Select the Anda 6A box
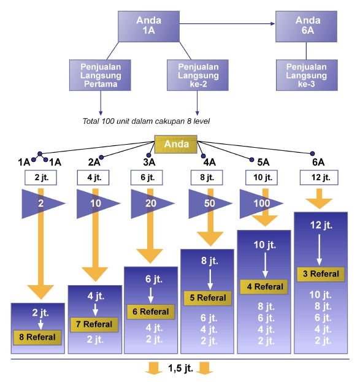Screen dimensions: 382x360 point(307,25)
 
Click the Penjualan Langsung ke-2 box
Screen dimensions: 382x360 point(197,75)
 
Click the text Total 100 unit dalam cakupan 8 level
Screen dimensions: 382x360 point(146,121)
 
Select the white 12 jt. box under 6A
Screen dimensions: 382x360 point(318,178)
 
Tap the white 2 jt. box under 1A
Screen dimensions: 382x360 point(41,178)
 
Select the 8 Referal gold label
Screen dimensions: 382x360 point(38,337)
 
